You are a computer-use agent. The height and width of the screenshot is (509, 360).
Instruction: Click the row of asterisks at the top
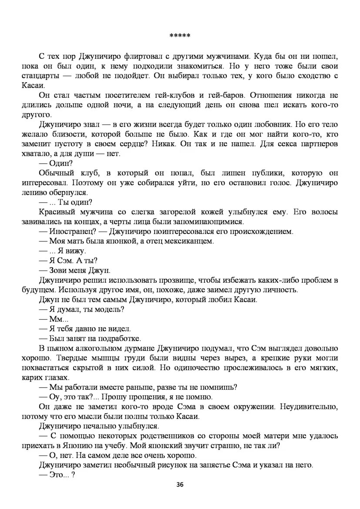[x=179, y=36]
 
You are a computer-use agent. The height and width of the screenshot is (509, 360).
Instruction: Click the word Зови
[x=59, y=270]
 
